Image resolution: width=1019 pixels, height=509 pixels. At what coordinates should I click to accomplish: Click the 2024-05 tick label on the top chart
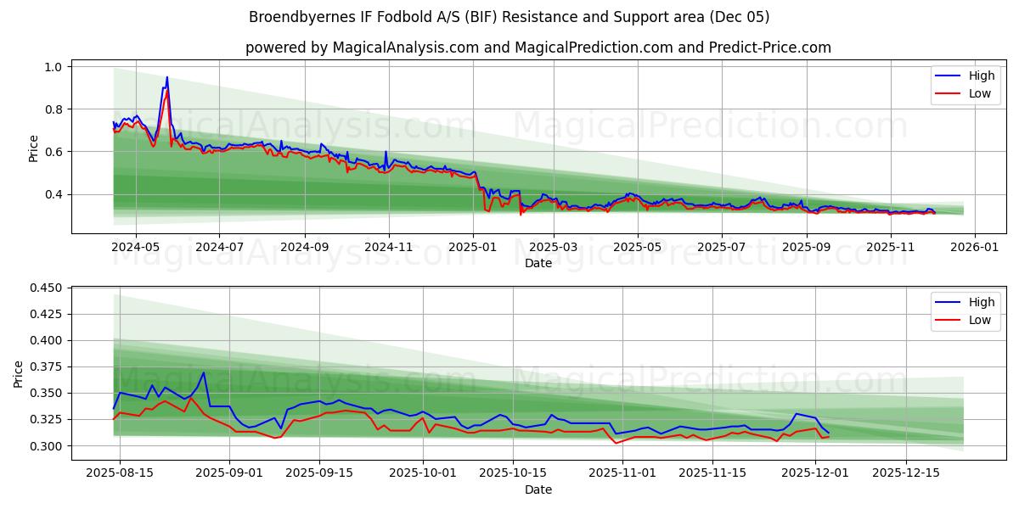pos(136,247)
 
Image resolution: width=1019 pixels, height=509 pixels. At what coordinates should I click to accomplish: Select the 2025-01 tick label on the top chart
pos(472,247)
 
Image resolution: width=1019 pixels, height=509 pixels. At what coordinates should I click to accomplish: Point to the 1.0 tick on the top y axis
pos(53,67)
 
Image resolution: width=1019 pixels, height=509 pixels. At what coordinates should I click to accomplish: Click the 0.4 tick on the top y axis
pos(53,194)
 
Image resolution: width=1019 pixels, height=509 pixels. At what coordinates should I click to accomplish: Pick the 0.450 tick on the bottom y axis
pos(45,288)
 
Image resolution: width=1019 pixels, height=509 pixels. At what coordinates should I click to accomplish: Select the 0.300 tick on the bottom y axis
pos(45,446)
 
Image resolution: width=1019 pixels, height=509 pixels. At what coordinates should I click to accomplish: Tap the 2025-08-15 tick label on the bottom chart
pos(120,473)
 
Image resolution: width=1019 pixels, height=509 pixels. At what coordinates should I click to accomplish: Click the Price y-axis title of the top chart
pos(34,148)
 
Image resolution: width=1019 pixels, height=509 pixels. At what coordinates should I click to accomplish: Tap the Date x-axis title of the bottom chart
pos(538,489)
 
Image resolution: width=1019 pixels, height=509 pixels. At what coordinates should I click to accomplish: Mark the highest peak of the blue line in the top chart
pos(166,77)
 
